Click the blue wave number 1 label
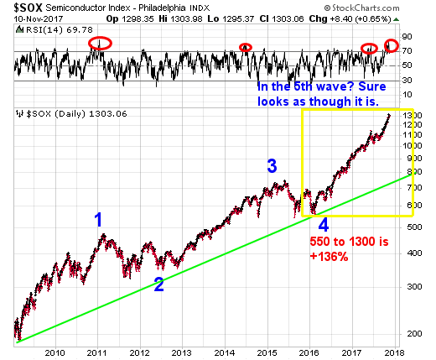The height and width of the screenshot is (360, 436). click(x=98, y=220)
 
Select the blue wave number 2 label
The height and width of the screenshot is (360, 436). click(x=159, y=284)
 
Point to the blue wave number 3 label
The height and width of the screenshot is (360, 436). click(x=272, y=166)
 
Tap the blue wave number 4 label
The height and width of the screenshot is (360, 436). click(x=324, y=225)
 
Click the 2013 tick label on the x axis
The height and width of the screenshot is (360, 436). click(x=182, y=352)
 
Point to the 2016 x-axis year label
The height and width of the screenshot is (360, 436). click(x=309, y=352)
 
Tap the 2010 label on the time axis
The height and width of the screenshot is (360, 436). click(x=54, y=352)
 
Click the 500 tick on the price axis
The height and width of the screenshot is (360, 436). click(x=414, y=227)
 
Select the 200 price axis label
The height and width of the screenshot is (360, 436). click(x=414, y=333)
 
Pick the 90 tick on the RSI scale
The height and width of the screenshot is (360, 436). click(x=407, y=37)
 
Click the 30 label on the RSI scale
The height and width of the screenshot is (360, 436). click(x=407, y=81)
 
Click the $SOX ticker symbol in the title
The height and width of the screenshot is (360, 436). click(x=28, y=8)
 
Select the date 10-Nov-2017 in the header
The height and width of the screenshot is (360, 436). click(x=39, y=19)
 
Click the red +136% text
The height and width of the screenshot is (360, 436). click(x=329, y=257)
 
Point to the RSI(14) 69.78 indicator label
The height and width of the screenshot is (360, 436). click(x=60, y=29)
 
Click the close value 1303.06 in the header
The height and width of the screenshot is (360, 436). click(x=288, y=19)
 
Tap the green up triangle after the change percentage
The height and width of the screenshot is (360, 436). click(x=396, y=19)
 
